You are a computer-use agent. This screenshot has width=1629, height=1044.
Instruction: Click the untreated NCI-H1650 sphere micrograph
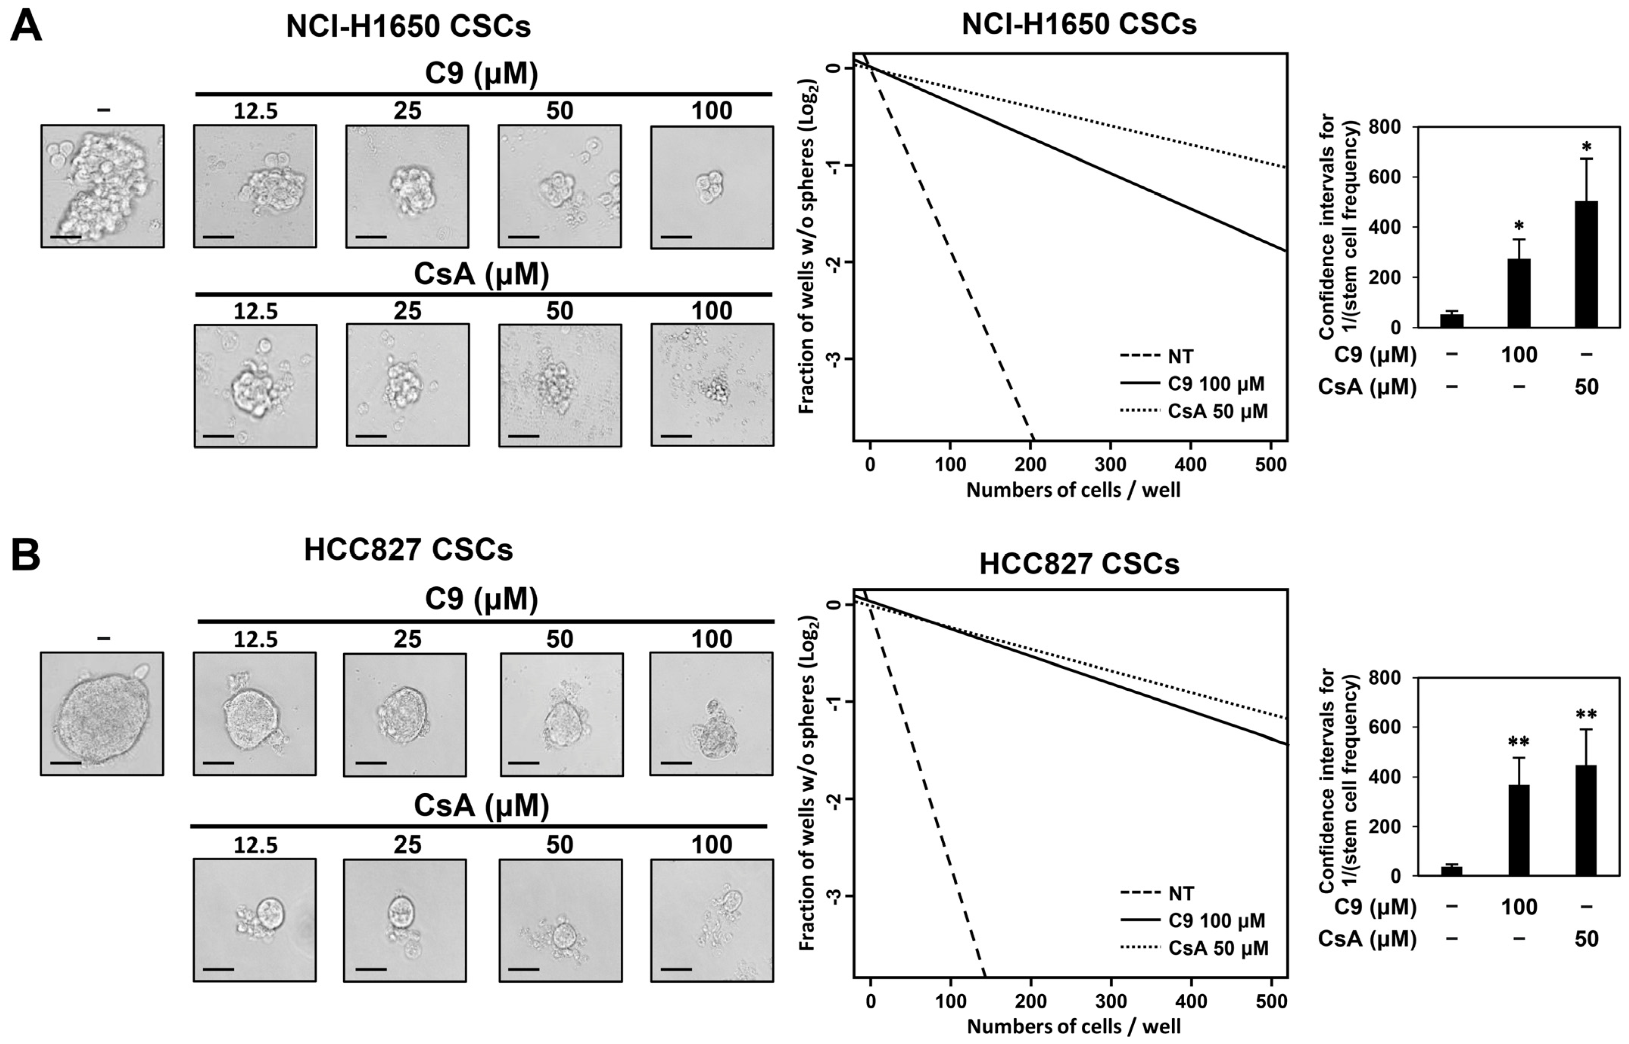[102, 186]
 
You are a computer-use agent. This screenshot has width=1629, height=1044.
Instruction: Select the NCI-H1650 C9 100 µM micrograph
[712, 186]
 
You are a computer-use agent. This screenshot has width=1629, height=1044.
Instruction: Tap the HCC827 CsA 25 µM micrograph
[405, 920]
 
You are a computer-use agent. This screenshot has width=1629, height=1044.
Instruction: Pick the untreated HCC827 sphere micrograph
[102, 713]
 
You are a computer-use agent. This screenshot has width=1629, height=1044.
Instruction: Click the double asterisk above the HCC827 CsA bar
[1586, 715]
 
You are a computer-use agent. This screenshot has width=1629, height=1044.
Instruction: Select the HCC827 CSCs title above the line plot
[1079, 564]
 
